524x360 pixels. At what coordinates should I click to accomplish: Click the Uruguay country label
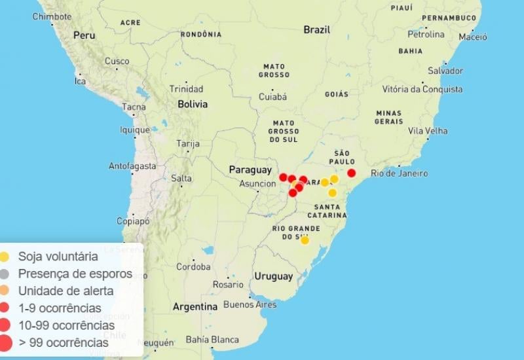point(274,276)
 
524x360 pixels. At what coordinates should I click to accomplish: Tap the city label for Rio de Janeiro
point(399,173)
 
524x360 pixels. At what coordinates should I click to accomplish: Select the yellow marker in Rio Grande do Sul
point(305,240)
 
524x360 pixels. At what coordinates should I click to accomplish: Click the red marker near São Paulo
point(351,173)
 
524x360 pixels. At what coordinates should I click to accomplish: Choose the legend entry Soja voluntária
point(58,257)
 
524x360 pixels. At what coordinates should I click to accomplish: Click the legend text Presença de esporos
point(75,274)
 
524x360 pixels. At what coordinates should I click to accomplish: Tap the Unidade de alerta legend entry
point(65,291)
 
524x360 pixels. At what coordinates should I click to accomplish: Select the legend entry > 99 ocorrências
point(63,342)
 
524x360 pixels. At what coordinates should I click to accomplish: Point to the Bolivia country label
point(193,104)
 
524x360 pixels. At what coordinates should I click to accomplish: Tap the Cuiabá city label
point(273,97)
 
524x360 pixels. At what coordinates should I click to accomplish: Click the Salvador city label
point(445,71)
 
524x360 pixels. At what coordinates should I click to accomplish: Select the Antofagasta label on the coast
point(132,166)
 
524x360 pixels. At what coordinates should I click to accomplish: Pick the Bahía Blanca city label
point(212,340)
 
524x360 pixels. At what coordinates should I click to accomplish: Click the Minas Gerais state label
point(388,117)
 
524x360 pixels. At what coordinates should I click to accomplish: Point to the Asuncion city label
point(257,184)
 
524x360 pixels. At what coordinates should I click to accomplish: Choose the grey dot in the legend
point(5,274)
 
